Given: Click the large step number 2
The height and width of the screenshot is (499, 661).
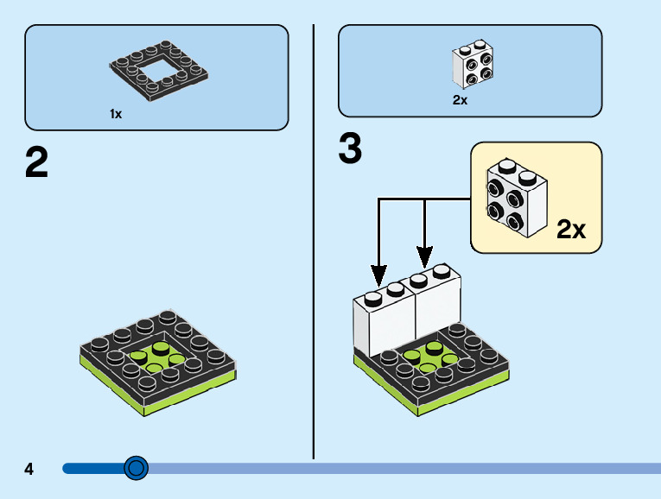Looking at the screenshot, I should click(x=36, y=163).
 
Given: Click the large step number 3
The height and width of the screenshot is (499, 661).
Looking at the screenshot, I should click(x=350, y=149).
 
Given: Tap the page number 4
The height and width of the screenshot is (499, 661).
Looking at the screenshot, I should click(x=29, y=470).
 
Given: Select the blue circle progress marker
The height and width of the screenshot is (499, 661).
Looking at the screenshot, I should click(x=136, y=468).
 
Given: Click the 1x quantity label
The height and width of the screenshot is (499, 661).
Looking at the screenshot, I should click(x=116, y=114).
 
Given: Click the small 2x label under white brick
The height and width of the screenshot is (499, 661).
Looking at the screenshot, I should click(x=460, y=100).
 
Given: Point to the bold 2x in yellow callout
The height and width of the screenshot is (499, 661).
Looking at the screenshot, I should click(x=571, y=229).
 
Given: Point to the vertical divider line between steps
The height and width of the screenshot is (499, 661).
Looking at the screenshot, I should click(x=314, y=259).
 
